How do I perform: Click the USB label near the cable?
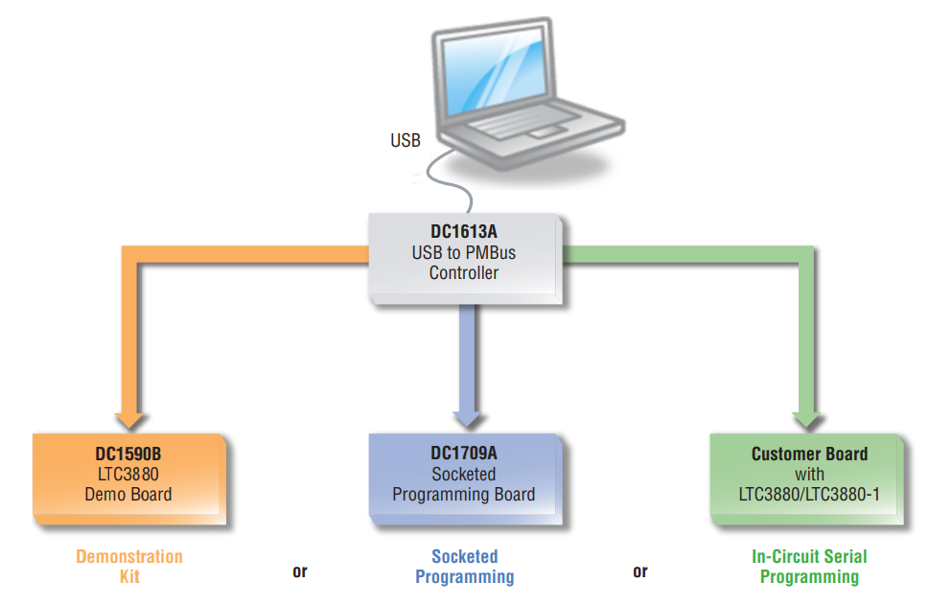point(406,141)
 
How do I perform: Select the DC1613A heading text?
point(464,231)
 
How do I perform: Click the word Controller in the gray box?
point(464,273)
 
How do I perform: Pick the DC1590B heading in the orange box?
point(128,452)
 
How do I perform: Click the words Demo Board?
point(128,495)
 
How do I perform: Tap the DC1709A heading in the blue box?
point(464,453)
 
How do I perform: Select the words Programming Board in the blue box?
point(464,495)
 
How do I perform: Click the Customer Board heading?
point(809,454)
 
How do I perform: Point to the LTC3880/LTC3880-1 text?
point(809,496)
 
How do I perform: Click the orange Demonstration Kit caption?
point(129,566)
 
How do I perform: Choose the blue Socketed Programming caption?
point(465,566)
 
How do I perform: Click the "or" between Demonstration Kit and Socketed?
point(300,571)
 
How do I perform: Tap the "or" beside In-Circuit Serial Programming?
point(640,571)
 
